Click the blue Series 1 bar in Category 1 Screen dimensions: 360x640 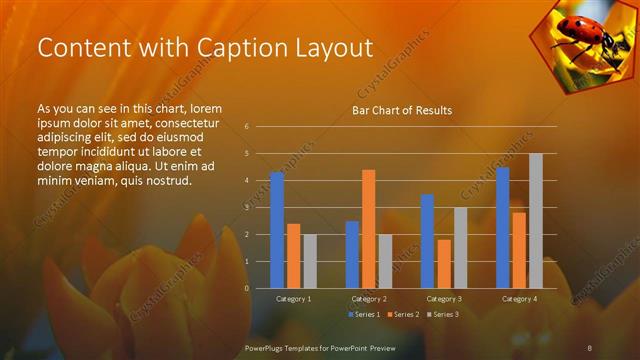(277, 230)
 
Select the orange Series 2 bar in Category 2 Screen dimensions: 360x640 (368, 229)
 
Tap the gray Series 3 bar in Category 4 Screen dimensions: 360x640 (535, 220)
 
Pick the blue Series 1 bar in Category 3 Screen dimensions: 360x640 (427, 241)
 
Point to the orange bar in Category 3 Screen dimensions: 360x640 (443, 264)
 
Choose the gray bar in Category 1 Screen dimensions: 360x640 (310, 261)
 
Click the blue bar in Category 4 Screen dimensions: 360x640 (502, 227)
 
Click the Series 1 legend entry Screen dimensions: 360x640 (364, 315)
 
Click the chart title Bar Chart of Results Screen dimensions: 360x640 (402, 110)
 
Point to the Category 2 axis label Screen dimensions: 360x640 (368, 299)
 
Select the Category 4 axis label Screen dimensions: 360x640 (518, 299)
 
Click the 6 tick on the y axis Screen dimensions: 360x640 (246, 127)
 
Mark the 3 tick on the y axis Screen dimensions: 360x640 (246, 207)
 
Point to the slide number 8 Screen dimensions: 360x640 (590, 346)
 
